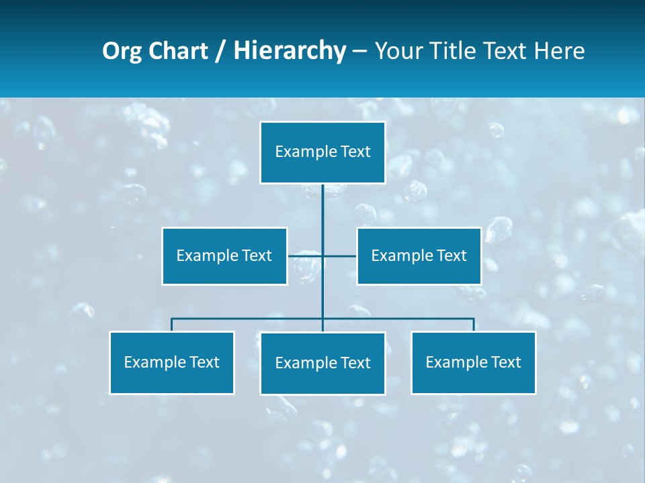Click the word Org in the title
point(122,51)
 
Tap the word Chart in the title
point(177,51)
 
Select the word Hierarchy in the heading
point(290,51)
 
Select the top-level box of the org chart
point(322,152)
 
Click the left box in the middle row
point(224,256)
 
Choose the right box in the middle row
point(419,256)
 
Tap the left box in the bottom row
point(172,362)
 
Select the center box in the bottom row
point(322,363)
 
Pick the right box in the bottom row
point(474,362)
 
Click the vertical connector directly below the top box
point(322,205)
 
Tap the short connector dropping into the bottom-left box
point(172,325)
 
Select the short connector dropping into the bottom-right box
point(474,325)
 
